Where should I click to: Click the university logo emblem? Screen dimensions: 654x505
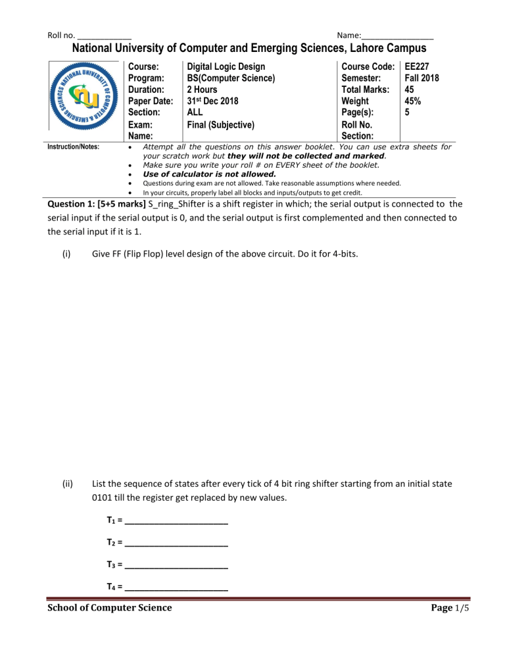coord(85,97)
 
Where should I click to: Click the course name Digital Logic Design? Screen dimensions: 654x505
coord(226,66)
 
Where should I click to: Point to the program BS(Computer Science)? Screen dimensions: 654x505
coord(231,78)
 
